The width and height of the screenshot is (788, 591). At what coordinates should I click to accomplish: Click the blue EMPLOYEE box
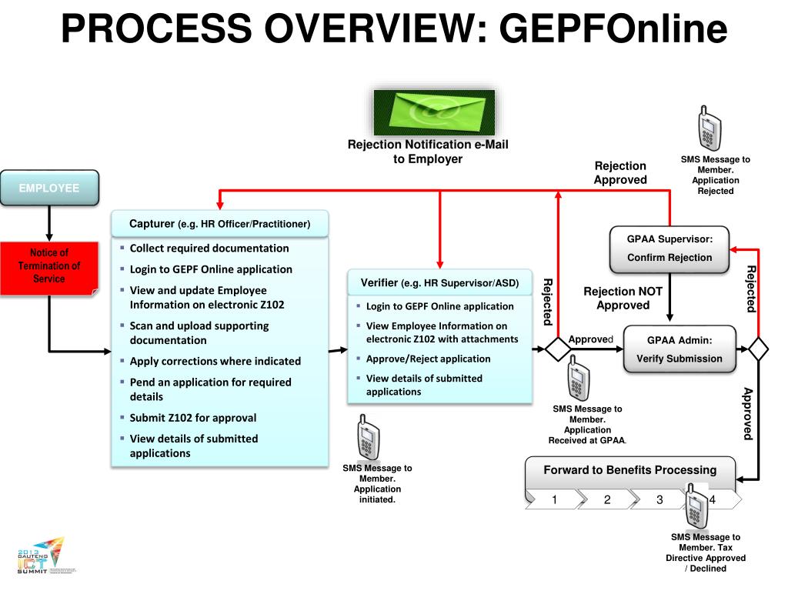click(x=49, y=188)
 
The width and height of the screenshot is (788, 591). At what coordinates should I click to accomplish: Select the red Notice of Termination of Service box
click(x=49, y=266)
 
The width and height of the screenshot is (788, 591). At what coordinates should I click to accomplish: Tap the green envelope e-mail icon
click(x=434, y=112)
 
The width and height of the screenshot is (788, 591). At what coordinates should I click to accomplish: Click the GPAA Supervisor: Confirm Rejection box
click(x=669, y=249)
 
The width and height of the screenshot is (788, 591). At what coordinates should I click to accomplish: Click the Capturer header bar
click(x=219, y=224)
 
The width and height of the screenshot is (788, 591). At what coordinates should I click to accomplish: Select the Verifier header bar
click(x=439, y=282)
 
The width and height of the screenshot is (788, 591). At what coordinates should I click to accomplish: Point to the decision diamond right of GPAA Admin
click(x=759, y=349)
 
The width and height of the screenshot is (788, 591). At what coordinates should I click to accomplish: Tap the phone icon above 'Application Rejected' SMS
click(x=709, y=129)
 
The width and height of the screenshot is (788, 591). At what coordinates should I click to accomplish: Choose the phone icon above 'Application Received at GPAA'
click(x=578, y=378)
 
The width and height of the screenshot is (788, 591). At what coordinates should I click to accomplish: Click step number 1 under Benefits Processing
click(x=554, y=500)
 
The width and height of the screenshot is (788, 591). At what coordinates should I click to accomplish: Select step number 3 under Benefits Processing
click(x=659, y=500)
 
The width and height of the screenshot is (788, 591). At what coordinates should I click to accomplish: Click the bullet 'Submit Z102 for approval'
click(x=192, y=418)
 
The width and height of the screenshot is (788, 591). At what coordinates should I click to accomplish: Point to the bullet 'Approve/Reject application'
click(x=428, y=359)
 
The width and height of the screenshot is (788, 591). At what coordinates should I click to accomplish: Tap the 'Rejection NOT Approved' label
click(x=623, y=299)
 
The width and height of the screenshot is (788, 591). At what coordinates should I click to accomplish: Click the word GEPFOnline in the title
click(x=613, y=29)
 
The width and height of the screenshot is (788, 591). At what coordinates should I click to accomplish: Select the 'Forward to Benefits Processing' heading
click(x=629, y=470)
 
